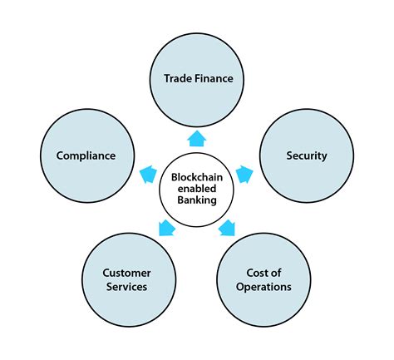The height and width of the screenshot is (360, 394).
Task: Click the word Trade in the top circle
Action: pyautogui.click(x=176, y=80)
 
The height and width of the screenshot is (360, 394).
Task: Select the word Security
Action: pyautogui.click(x=306, y=155)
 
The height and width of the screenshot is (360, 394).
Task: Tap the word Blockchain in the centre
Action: pyautogui.click(x=197, y=177)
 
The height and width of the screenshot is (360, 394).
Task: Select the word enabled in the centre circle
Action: pyautogui.click(x=197, y=188)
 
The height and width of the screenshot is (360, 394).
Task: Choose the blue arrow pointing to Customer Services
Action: pyautogui.click(x=166, y=228)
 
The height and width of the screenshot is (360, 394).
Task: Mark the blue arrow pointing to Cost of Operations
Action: pyautogui.click(x=227, y=228)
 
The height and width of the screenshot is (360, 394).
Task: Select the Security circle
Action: pyautogui.click(x=306, y=133)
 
